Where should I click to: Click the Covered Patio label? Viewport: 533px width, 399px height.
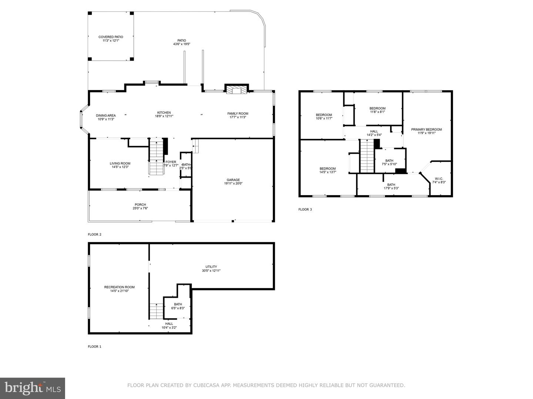[111, 37]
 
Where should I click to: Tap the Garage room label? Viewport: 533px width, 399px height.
[233, 180]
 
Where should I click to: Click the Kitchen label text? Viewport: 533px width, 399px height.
[164, 113]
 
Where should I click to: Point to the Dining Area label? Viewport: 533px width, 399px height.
[106, 116]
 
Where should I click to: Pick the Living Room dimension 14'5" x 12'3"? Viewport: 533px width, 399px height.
[120, 167]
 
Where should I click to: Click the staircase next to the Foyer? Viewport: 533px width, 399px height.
[156, 157]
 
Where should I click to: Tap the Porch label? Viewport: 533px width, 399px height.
[140, 205]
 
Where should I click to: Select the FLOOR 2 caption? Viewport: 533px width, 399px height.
[94, 234]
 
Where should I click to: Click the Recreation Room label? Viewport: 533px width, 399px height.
[119, 287]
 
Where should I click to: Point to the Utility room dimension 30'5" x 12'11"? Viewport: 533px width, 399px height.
[211, 270]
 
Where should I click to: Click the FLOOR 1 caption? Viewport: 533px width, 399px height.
[94, 347]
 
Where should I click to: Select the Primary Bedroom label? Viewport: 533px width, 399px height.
[426, 129]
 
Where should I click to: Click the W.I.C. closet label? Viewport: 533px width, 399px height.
[439, 179]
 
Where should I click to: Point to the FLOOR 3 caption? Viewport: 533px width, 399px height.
[305, 209]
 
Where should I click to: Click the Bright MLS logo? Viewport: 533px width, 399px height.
[32, 388]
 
